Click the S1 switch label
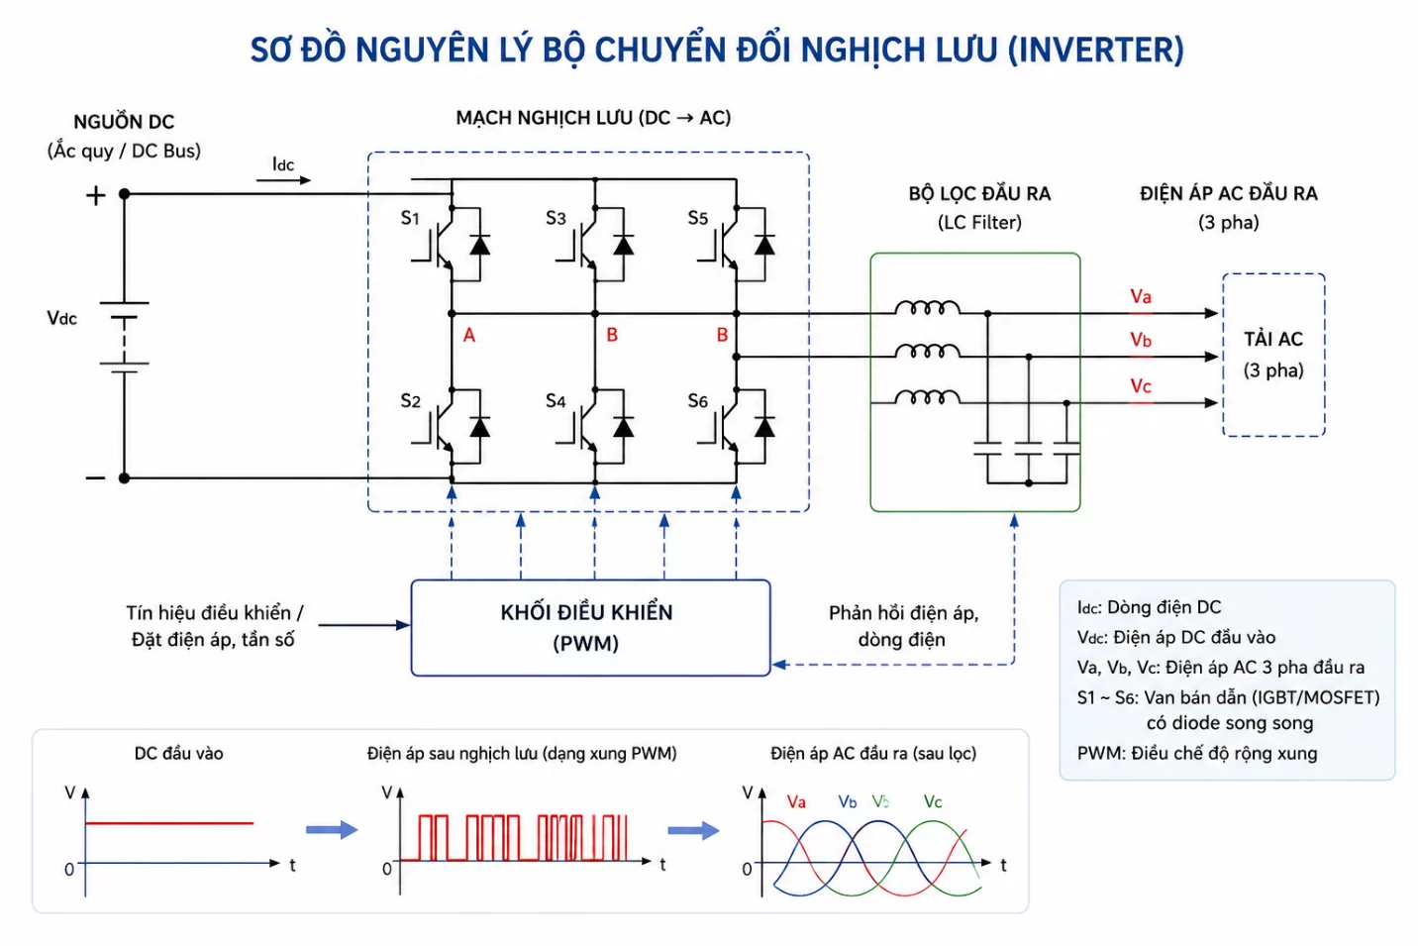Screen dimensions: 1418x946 [410, 218]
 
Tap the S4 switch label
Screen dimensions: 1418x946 [556, 401]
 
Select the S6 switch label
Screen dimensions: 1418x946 [697, 401]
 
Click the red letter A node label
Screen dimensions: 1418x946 [468, 335]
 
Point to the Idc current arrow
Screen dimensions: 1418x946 [283, 180]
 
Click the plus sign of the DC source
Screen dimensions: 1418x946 [96, 196]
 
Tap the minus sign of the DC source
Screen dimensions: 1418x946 [95, 478]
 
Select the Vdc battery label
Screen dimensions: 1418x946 [61, 318]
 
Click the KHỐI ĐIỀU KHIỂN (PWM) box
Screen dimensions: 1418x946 [590, 627]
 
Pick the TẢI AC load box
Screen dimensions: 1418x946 [1273, 356]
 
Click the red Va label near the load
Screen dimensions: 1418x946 [1141, 296]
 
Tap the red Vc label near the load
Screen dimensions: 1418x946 [1141, 385]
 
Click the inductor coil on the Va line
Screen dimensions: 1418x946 [928, 308]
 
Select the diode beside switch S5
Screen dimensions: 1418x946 [764, 245]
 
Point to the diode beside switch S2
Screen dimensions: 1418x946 [480, 427]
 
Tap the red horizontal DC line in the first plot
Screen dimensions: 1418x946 [169, 823]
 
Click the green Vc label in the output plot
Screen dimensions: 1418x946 [933, 801]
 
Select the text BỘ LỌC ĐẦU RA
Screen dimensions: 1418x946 [979, 194]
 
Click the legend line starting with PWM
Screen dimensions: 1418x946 [1197, 754]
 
